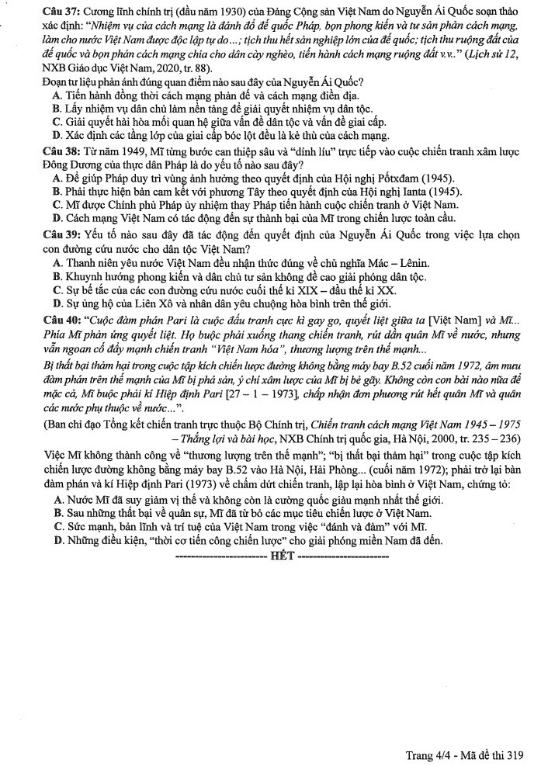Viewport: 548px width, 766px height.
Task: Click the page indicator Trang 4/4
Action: (429, 754)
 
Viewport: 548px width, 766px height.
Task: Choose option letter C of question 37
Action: (57, 121)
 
